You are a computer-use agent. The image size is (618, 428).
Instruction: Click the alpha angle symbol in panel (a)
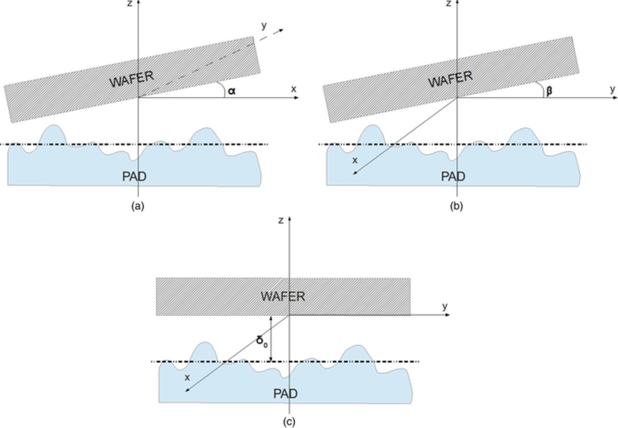(x=232, y=90)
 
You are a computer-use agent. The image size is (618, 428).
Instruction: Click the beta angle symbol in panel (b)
(x=549, y=91)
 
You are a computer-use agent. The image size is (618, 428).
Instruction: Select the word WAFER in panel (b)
(x=450, y=79)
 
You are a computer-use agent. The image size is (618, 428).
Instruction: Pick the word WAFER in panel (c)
(x=283, y=296)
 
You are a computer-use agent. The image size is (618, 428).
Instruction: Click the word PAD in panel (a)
(x=134, y=177)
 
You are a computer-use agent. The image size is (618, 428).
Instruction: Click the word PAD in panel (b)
(x=453, y=177)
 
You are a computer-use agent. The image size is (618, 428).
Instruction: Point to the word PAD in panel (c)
(x=285, y=394)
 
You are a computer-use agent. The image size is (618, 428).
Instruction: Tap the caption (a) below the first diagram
(x=138, y=207)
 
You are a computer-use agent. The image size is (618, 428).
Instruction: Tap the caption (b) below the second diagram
(x=456, y=207)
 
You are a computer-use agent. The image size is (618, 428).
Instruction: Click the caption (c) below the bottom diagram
(x=289, y=422)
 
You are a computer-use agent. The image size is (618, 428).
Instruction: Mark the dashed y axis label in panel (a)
(x=264, y=26)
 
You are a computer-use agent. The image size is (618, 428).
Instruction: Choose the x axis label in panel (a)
(x=294, y=89)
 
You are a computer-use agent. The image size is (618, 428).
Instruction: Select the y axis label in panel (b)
(x=612, y=89)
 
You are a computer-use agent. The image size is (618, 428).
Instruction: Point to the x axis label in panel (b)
(x=355, y=160)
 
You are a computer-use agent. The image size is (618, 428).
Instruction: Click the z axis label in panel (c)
(x=281, y=221)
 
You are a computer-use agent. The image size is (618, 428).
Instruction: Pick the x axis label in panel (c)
(x=187, y=377)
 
